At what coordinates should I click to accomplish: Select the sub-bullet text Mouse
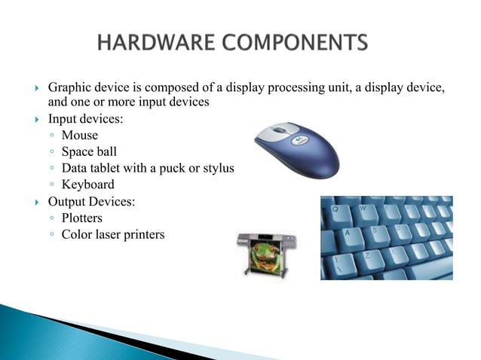tap(79, 135)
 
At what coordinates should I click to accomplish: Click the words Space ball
tap(89, 151)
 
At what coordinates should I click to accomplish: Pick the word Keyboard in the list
tap(88, 185)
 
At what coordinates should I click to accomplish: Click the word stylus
tap(216, 168)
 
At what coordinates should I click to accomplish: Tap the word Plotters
tap(82, 218)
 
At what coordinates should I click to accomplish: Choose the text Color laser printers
tap(113, 235)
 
